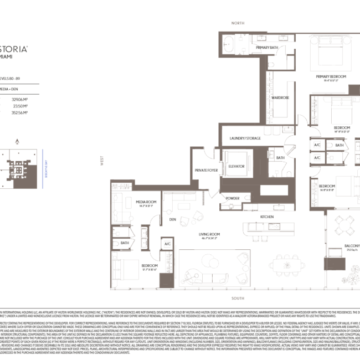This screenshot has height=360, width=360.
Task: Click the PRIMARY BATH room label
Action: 267,48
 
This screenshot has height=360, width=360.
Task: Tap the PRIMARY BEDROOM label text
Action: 331,76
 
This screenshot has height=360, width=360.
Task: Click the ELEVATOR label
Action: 236,166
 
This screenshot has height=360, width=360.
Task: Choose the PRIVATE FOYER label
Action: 204,170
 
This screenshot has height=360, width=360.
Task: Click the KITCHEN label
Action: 268,217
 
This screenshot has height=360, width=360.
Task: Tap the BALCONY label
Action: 352,245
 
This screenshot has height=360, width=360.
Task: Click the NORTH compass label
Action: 238,23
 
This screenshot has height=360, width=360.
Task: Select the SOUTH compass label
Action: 238,298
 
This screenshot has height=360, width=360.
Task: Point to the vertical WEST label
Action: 101,161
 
